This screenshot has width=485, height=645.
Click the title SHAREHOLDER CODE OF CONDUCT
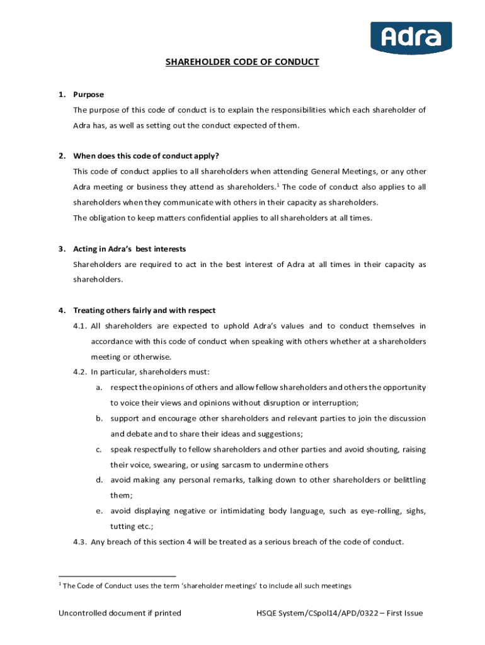242,62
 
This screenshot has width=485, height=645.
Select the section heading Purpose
89,94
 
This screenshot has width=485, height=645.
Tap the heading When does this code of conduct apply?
146,156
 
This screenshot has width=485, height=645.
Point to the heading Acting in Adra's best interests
130,249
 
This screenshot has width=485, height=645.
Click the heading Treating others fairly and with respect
144,311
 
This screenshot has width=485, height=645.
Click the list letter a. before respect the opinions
99,387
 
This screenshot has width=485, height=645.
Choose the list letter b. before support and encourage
99,418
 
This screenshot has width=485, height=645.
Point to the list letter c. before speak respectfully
99,450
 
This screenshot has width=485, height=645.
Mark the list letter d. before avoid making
99,480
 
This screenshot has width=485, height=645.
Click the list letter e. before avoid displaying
99,511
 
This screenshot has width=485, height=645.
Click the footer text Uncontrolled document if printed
120,613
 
